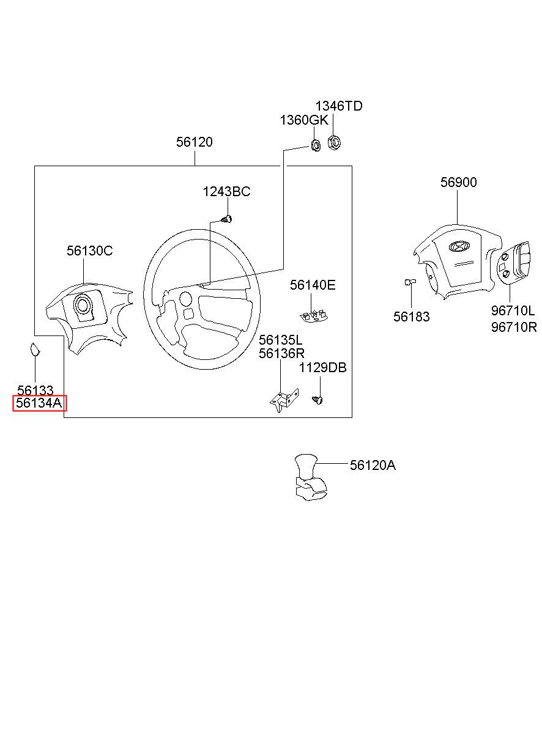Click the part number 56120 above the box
195,142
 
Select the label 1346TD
339,106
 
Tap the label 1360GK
304,120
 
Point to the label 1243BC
226,192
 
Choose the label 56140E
313,285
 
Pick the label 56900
459,183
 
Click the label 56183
411,317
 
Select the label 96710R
514,327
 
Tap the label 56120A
373,466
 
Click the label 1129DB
322,368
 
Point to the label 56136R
281,353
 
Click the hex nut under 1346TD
334,142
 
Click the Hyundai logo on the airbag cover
458,247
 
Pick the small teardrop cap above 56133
35,350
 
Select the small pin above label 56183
409,282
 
